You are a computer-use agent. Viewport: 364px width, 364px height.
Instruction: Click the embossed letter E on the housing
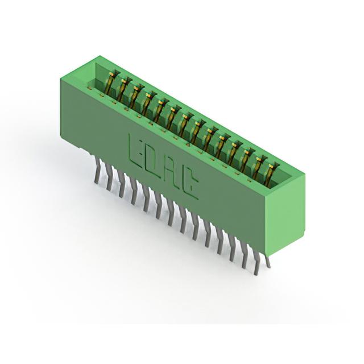(x=136, y=152)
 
